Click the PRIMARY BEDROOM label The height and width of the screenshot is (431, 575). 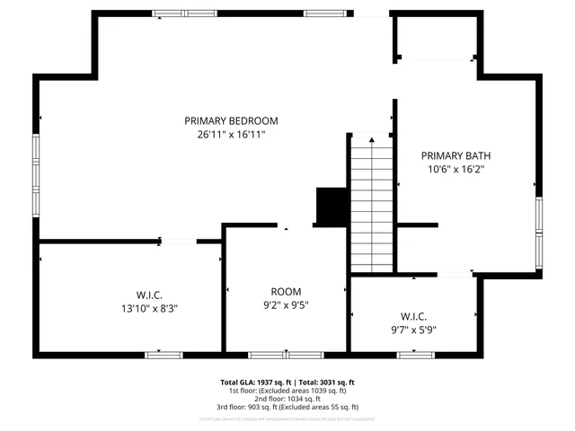point(231,120)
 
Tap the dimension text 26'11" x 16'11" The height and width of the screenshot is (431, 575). point(231,135)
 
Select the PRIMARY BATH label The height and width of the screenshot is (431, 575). point(456,155)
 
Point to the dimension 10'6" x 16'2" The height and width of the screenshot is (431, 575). point(456,169)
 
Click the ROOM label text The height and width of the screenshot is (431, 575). point(286,291)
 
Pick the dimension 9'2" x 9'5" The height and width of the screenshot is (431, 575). point(286,304)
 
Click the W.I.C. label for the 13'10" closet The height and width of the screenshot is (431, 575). point(149,295)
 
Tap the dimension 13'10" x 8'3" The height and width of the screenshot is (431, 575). point(149,308)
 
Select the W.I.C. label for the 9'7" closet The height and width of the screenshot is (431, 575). point(413,316)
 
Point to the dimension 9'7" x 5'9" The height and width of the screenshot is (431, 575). point(413,330)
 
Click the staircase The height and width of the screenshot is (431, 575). point(371,203)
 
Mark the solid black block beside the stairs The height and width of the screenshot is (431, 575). point(331,207)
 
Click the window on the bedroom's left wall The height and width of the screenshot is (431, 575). point(37,175)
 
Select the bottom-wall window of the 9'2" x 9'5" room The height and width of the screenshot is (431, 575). point(274,355)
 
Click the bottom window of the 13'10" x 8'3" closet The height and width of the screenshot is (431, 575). point(163,355)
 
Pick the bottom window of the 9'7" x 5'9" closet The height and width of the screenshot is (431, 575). point(413,355)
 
